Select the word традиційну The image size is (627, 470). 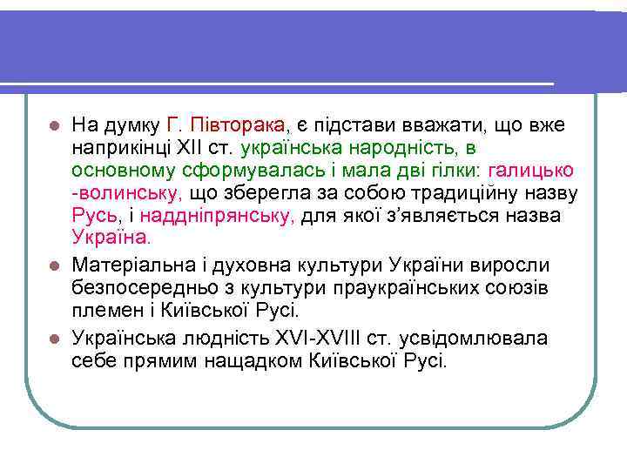point(471,192)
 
